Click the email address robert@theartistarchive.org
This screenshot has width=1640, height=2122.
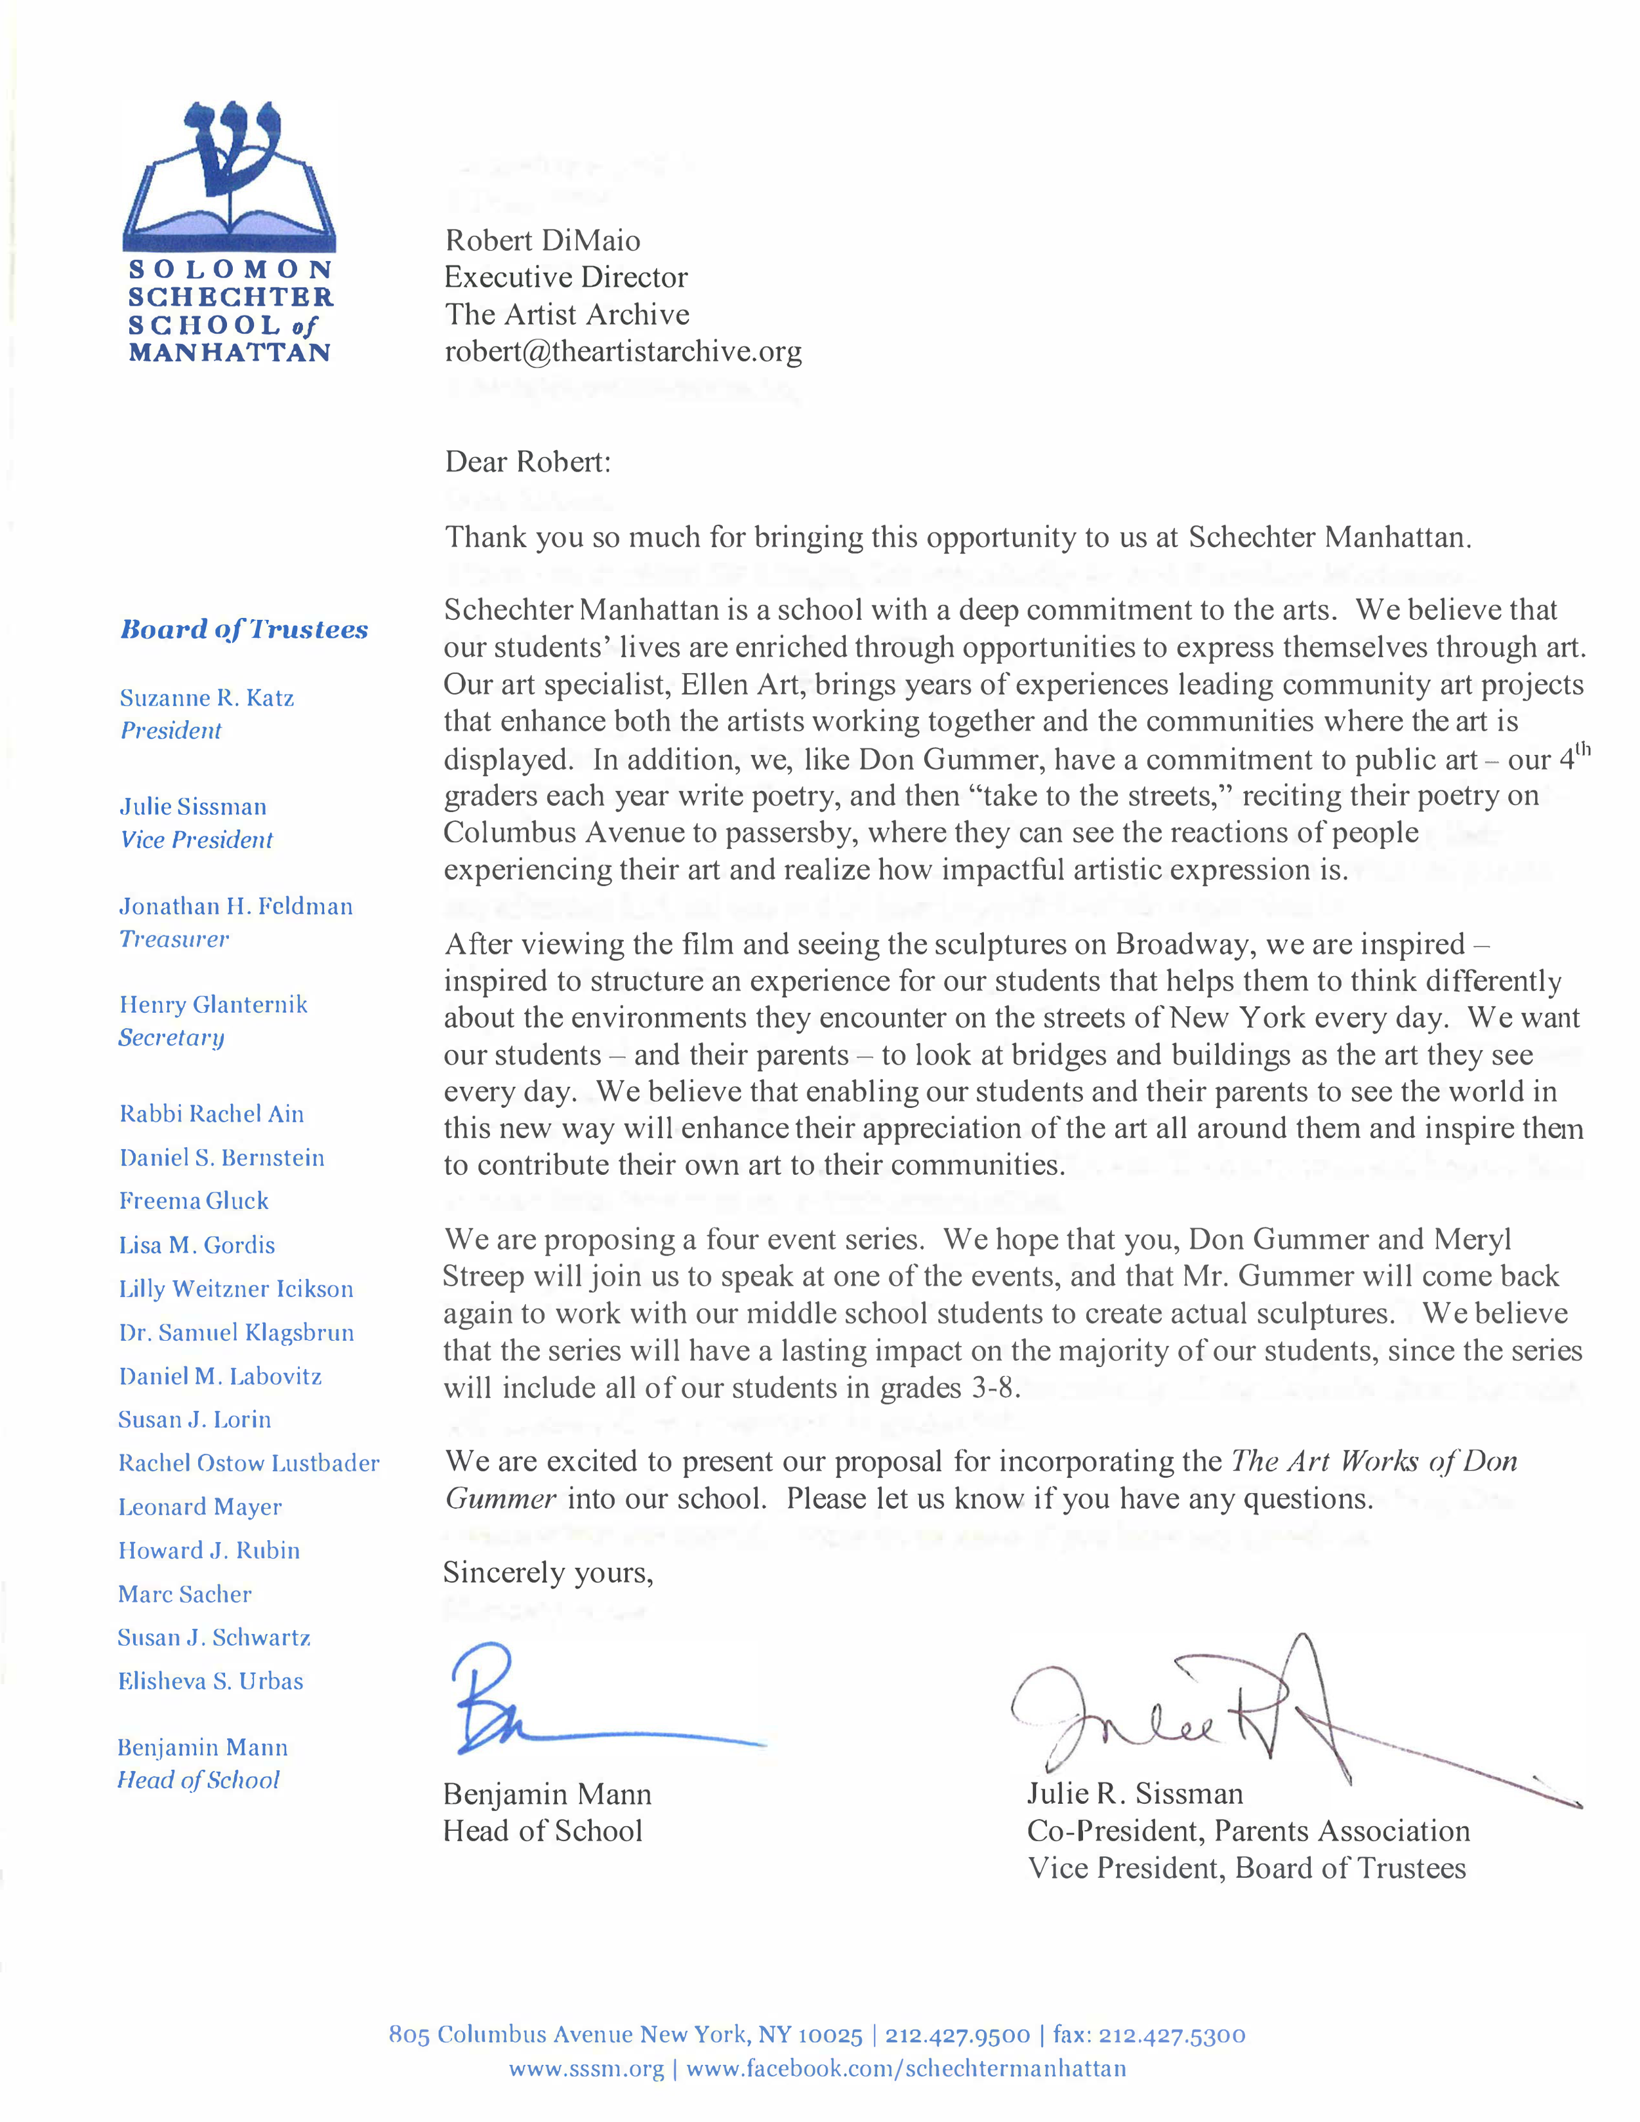pos(623,352)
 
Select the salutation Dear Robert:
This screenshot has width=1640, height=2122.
pos(527,462)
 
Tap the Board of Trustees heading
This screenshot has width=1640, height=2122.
pos(244,630)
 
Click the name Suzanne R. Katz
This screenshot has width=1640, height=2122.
pos(207,698)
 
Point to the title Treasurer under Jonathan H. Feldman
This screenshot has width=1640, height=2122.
pos(174,939)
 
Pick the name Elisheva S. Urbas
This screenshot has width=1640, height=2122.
pos(211,1681)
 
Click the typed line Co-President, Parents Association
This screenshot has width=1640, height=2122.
pos(1248,1831)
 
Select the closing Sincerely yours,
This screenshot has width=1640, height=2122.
pos(548,1572)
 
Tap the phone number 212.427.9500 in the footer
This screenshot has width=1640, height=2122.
pos(957,2035)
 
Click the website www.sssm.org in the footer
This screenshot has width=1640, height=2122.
pos(586,2070)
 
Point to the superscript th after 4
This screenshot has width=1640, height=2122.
pos(1583,749)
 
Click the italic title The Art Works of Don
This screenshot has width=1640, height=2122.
pos(1374,1461)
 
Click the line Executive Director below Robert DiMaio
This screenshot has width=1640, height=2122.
pos(566,278)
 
